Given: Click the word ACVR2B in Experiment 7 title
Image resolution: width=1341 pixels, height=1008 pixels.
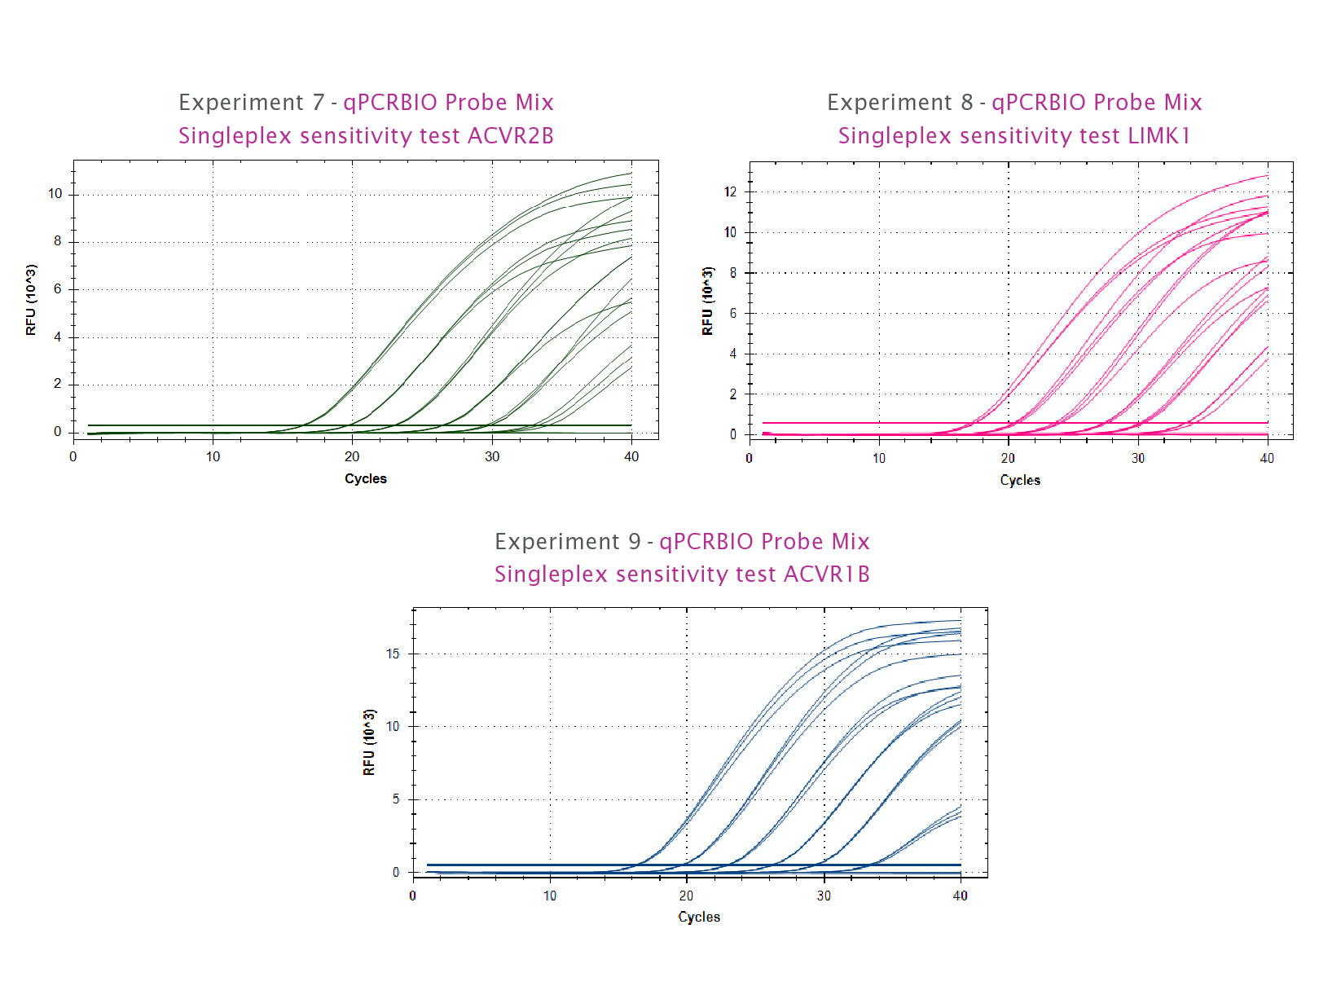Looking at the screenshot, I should (510, 136).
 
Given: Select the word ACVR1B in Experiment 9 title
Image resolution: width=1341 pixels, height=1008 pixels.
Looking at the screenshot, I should (826, 574).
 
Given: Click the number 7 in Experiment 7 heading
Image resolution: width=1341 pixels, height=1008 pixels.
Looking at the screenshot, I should (318, 103).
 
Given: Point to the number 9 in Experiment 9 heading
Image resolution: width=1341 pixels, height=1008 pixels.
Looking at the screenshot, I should (634, 542).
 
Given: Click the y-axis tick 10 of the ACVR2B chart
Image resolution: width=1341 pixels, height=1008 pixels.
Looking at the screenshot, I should (55, 194).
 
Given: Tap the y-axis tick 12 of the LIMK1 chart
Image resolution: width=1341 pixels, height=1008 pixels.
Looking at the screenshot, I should (730, 192).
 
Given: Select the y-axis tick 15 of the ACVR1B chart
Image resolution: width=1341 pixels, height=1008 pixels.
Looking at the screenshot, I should (393, 654).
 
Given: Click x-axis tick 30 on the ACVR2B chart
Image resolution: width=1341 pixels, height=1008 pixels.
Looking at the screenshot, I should (492, 456).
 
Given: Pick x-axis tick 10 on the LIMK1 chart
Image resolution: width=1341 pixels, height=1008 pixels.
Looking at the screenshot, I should (878, 458).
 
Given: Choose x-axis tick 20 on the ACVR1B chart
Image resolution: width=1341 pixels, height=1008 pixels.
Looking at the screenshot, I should (687, 896).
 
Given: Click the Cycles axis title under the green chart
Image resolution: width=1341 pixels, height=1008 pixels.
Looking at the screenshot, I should (365, 478).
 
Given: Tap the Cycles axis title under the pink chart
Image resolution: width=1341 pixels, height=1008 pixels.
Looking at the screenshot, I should (1020, 480).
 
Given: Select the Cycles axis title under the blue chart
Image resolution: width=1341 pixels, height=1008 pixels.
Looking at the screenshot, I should (699, 917).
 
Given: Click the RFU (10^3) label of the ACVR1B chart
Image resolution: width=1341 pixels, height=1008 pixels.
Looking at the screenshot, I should (369, 742).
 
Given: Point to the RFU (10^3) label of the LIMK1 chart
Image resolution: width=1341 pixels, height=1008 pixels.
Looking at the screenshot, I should (707, 301).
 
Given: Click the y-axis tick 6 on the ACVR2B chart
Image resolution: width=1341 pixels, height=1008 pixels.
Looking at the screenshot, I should (58, 289).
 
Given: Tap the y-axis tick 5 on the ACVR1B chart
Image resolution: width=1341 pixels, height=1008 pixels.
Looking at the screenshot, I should (396, 799).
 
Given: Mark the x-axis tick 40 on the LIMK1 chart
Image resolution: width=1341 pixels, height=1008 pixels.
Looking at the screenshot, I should (1267, 458).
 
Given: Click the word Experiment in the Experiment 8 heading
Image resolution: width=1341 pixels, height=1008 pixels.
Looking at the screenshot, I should (889, 103).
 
